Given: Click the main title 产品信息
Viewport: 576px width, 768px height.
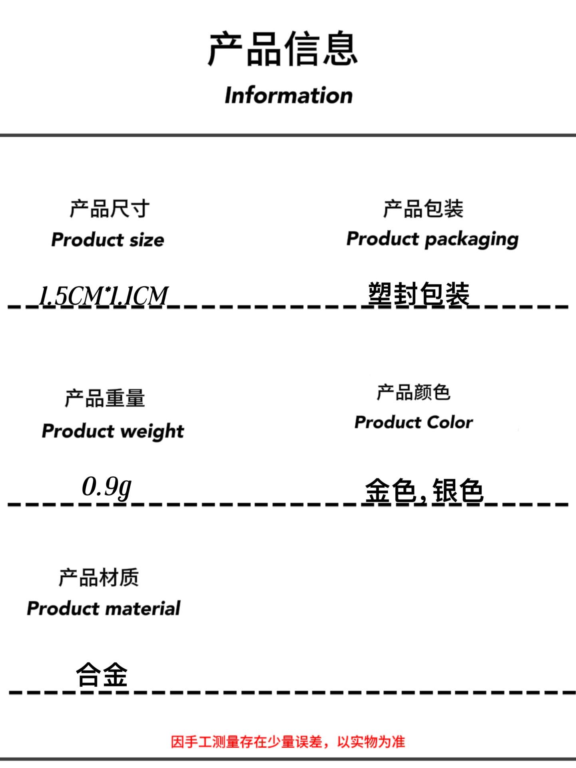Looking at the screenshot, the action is [283, 49].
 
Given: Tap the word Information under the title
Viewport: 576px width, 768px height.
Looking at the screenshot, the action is [289, 95].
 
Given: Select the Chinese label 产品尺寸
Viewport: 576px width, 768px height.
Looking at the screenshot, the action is [110, 209].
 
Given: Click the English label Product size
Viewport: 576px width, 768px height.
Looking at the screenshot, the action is [108, 240].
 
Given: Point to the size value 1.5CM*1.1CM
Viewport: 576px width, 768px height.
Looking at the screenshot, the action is [104, 296].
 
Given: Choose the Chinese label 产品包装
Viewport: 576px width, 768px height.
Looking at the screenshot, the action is [423, 209].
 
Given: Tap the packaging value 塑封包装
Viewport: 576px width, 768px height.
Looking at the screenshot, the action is [419, 294].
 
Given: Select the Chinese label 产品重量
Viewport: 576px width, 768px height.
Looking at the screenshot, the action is [105, 398].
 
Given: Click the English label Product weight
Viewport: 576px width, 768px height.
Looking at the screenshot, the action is [113, 431].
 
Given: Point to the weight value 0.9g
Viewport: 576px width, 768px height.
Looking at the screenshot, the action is [107, 487].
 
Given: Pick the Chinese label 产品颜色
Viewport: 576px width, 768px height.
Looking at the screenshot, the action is [414, 392].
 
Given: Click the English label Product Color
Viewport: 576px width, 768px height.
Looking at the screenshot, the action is [414, 422].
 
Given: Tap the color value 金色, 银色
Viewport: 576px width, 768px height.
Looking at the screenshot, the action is [424, 490].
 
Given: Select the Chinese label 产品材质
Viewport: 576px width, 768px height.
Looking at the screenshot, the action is [99, 578].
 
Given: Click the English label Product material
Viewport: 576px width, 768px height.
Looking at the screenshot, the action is [104, 608].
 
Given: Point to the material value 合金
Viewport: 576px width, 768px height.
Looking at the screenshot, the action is [102, 674].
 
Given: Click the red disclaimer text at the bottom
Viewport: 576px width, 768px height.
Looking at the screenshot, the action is [288, 742].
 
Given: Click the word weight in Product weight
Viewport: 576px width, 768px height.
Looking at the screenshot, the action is [152, 432].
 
